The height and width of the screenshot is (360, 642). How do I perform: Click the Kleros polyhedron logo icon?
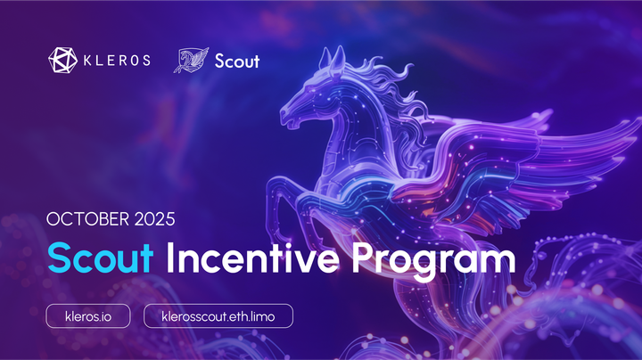click(62, 61)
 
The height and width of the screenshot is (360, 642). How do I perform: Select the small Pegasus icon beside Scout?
click(190, 61)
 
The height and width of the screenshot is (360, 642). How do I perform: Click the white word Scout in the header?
click(237, 61)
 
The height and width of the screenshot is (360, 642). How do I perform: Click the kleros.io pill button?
click(88, 315)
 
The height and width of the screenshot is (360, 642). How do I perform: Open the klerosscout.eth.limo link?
click(218, 315)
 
